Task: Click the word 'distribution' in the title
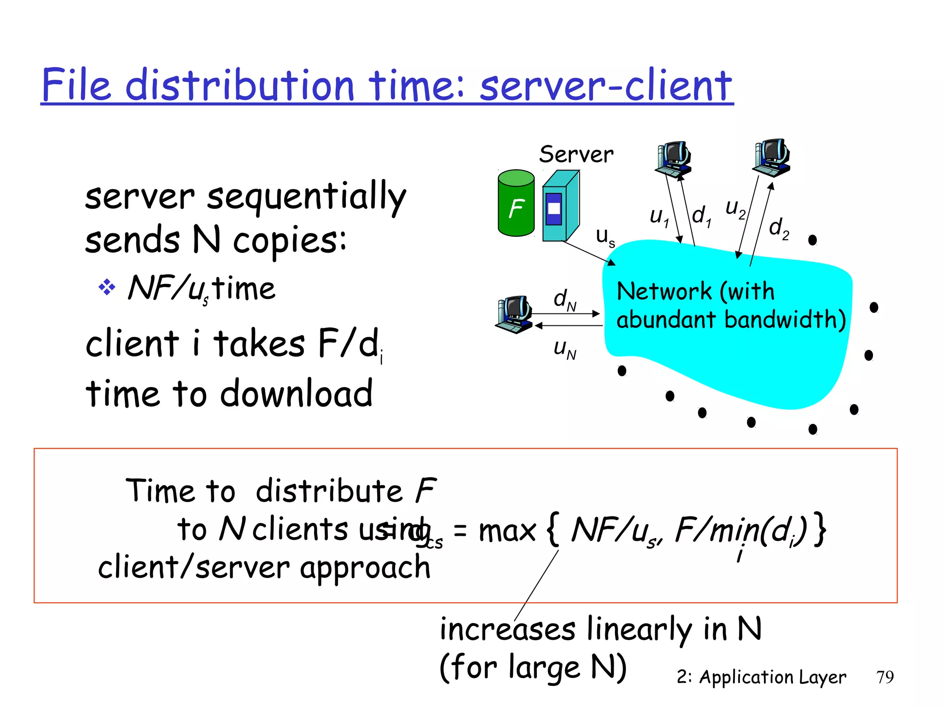point(239,85)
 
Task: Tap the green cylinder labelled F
point(516,203)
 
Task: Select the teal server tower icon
point(560,206)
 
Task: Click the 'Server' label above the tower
point(576,154)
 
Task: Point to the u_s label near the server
point(605,237)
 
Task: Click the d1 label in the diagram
point(701,216)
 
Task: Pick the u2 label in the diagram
point(735,208)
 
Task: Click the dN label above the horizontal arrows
point(565,300)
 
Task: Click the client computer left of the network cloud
point(515,314)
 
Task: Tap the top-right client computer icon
point(772,157)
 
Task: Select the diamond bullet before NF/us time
point(107,288)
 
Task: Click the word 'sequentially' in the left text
point(306,197)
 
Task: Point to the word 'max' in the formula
point(507,531)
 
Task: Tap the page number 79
point(885,677)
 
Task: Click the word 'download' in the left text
point(297,394)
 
